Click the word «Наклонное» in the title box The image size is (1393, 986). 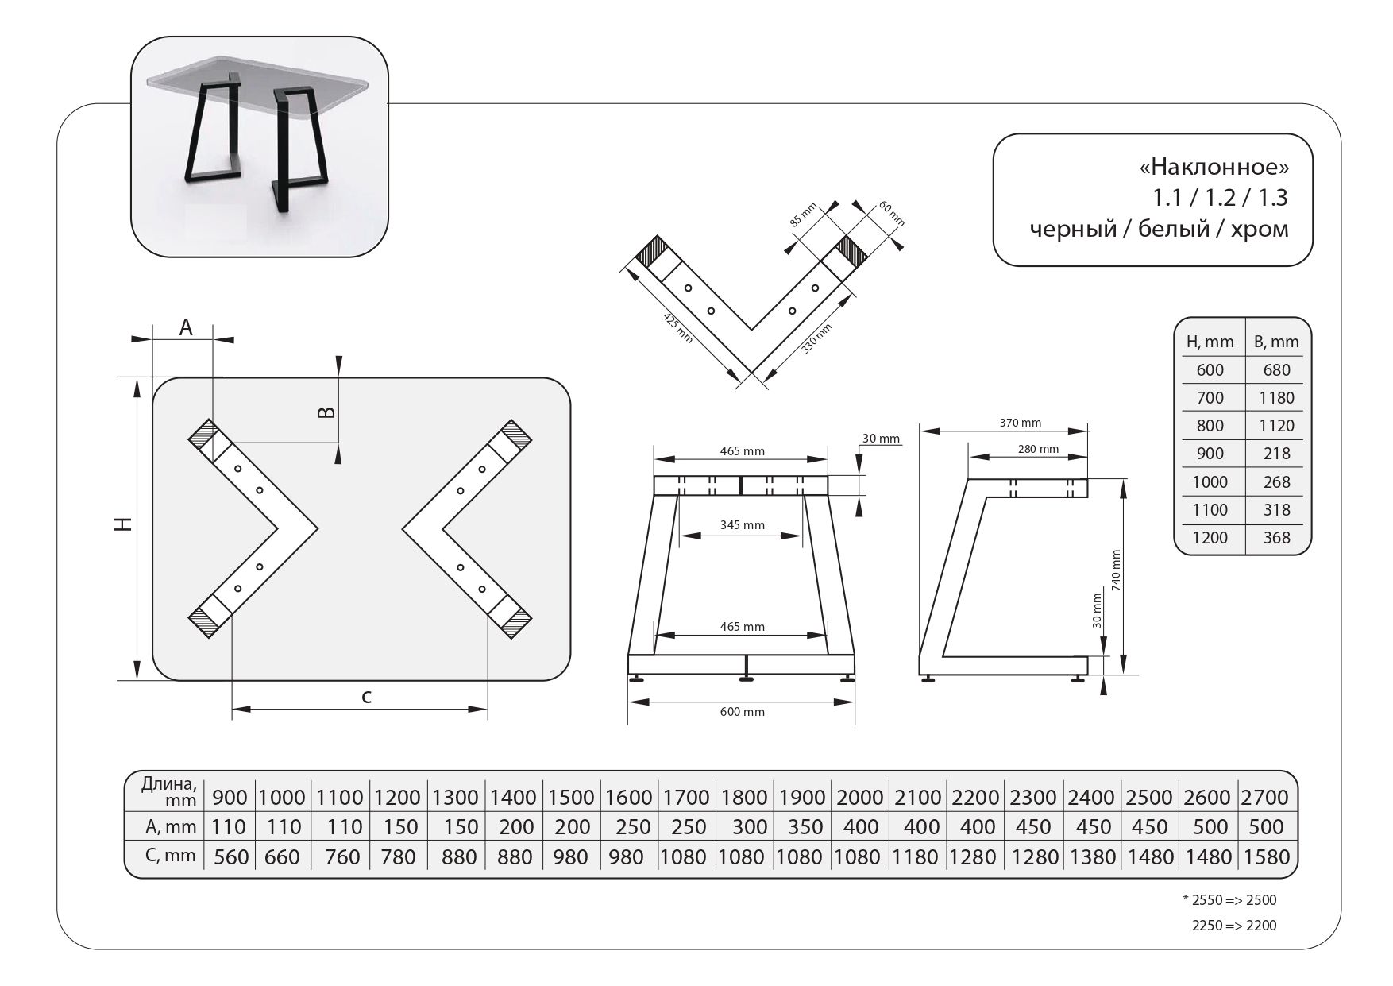pyautogui.click(x=1214, y=168)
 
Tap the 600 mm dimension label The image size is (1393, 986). pyautogui.click(x=742, y=712)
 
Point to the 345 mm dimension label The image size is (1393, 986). pyautogui.click(x=742, y=524)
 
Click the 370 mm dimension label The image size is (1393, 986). pyautogui.click(x=1020, y=423)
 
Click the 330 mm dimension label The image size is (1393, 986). pyautogui.click(x=817, y=338)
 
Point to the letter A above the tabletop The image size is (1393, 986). pyautogui.click(x=185, y=327)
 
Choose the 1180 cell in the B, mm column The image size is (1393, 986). pyautogui.click(x=1276, y=397)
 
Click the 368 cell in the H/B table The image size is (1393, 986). pyautogui.click(x=1276, y=538)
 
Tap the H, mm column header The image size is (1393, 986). pyautogui.click(x=1210, y=342)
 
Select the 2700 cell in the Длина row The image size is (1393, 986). pyautogui.click(x=1266, y=797)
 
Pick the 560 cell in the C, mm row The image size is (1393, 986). pyautogui.click(x=230, y=857)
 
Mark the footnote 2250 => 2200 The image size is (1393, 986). pyautogui.click(x=1234, y=926)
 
